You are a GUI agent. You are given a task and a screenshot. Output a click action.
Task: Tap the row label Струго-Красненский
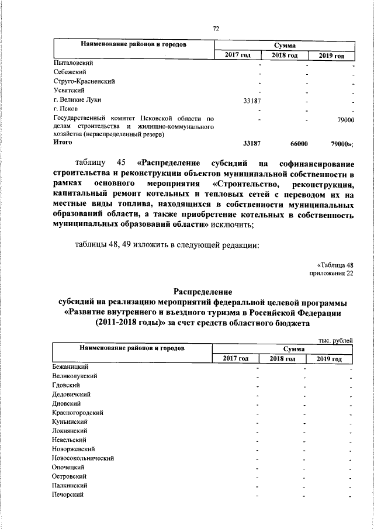pos(83,81)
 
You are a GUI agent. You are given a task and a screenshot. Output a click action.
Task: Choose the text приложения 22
pos(331,273)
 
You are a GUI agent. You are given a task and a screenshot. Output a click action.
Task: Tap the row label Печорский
pos(68,495)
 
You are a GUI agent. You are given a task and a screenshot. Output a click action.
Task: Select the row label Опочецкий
pos(69,467)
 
